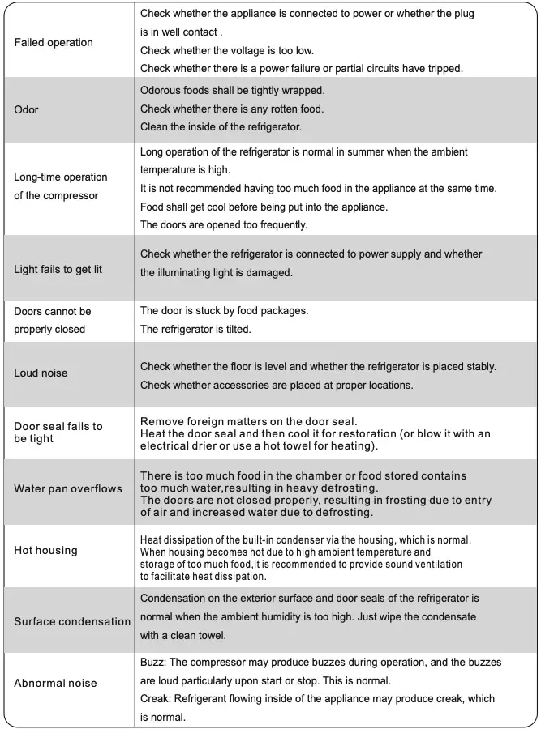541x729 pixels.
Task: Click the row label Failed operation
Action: click(x=54, y=42)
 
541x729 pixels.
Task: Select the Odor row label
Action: click(x=26, y=109)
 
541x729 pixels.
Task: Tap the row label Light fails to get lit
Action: click(x=58, y=269)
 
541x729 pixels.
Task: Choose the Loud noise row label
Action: click(x=41, y=373)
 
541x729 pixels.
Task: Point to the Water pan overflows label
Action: click(x=68, y=489)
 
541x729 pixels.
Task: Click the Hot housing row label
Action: click(x=45, y=551)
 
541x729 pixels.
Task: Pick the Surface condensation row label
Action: click(x=72, y=622)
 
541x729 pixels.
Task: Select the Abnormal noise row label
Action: click(x=55, y=684)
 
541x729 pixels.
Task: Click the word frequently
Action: click(x=275, y=224)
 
